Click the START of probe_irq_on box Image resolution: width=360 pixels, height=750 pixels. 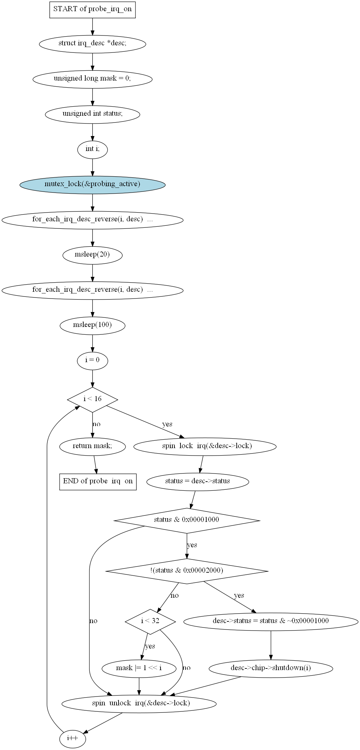(92, 9)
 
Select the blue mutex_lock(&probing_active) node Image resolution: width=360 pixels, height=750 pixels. (92, 184)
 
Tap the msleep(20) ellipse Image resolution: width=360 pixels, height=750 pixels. (92, 255)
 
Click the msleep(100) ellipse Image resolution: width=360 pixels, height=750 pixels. (92, 325)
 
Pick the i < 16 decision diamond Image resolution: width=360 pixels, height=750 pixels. (92, 399)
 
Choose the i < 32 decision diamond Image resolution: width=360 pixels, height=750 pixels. (150, 621)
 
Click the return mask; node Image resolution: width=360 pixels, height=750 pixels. (92, 446)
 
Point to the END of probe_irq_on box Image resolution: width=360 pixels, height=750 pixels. (98, 482)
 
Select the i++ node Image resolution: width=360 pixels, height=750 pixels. (73, 739)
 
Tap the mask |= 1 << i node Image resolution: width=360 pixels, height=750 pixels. (139, 668)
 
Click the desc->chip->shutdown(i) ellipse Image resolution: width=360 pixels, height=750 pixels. (271, 668)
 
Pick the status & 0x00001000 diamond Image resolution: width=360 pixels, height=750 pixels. (187, 521)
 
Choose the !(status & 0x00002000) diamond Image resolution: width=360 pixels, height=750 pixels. (187, 571)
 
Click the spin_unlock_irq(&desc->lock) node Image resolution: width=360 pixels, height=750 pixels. (139, 704)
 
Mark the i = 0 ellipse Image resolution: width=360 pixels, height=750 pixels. (92, 360)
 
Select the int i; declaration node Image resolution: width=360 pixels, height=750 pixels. (92, 149)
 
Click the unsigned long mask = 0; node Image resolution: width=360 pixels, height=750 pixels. (92, 79)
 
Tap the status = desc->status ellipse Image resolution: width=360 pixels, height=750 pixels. (197, 482)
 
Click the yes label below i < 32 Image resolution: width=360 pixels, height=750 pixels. (150, 646)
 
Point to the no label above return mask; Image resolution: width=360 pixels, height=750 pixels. (97, 424)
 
